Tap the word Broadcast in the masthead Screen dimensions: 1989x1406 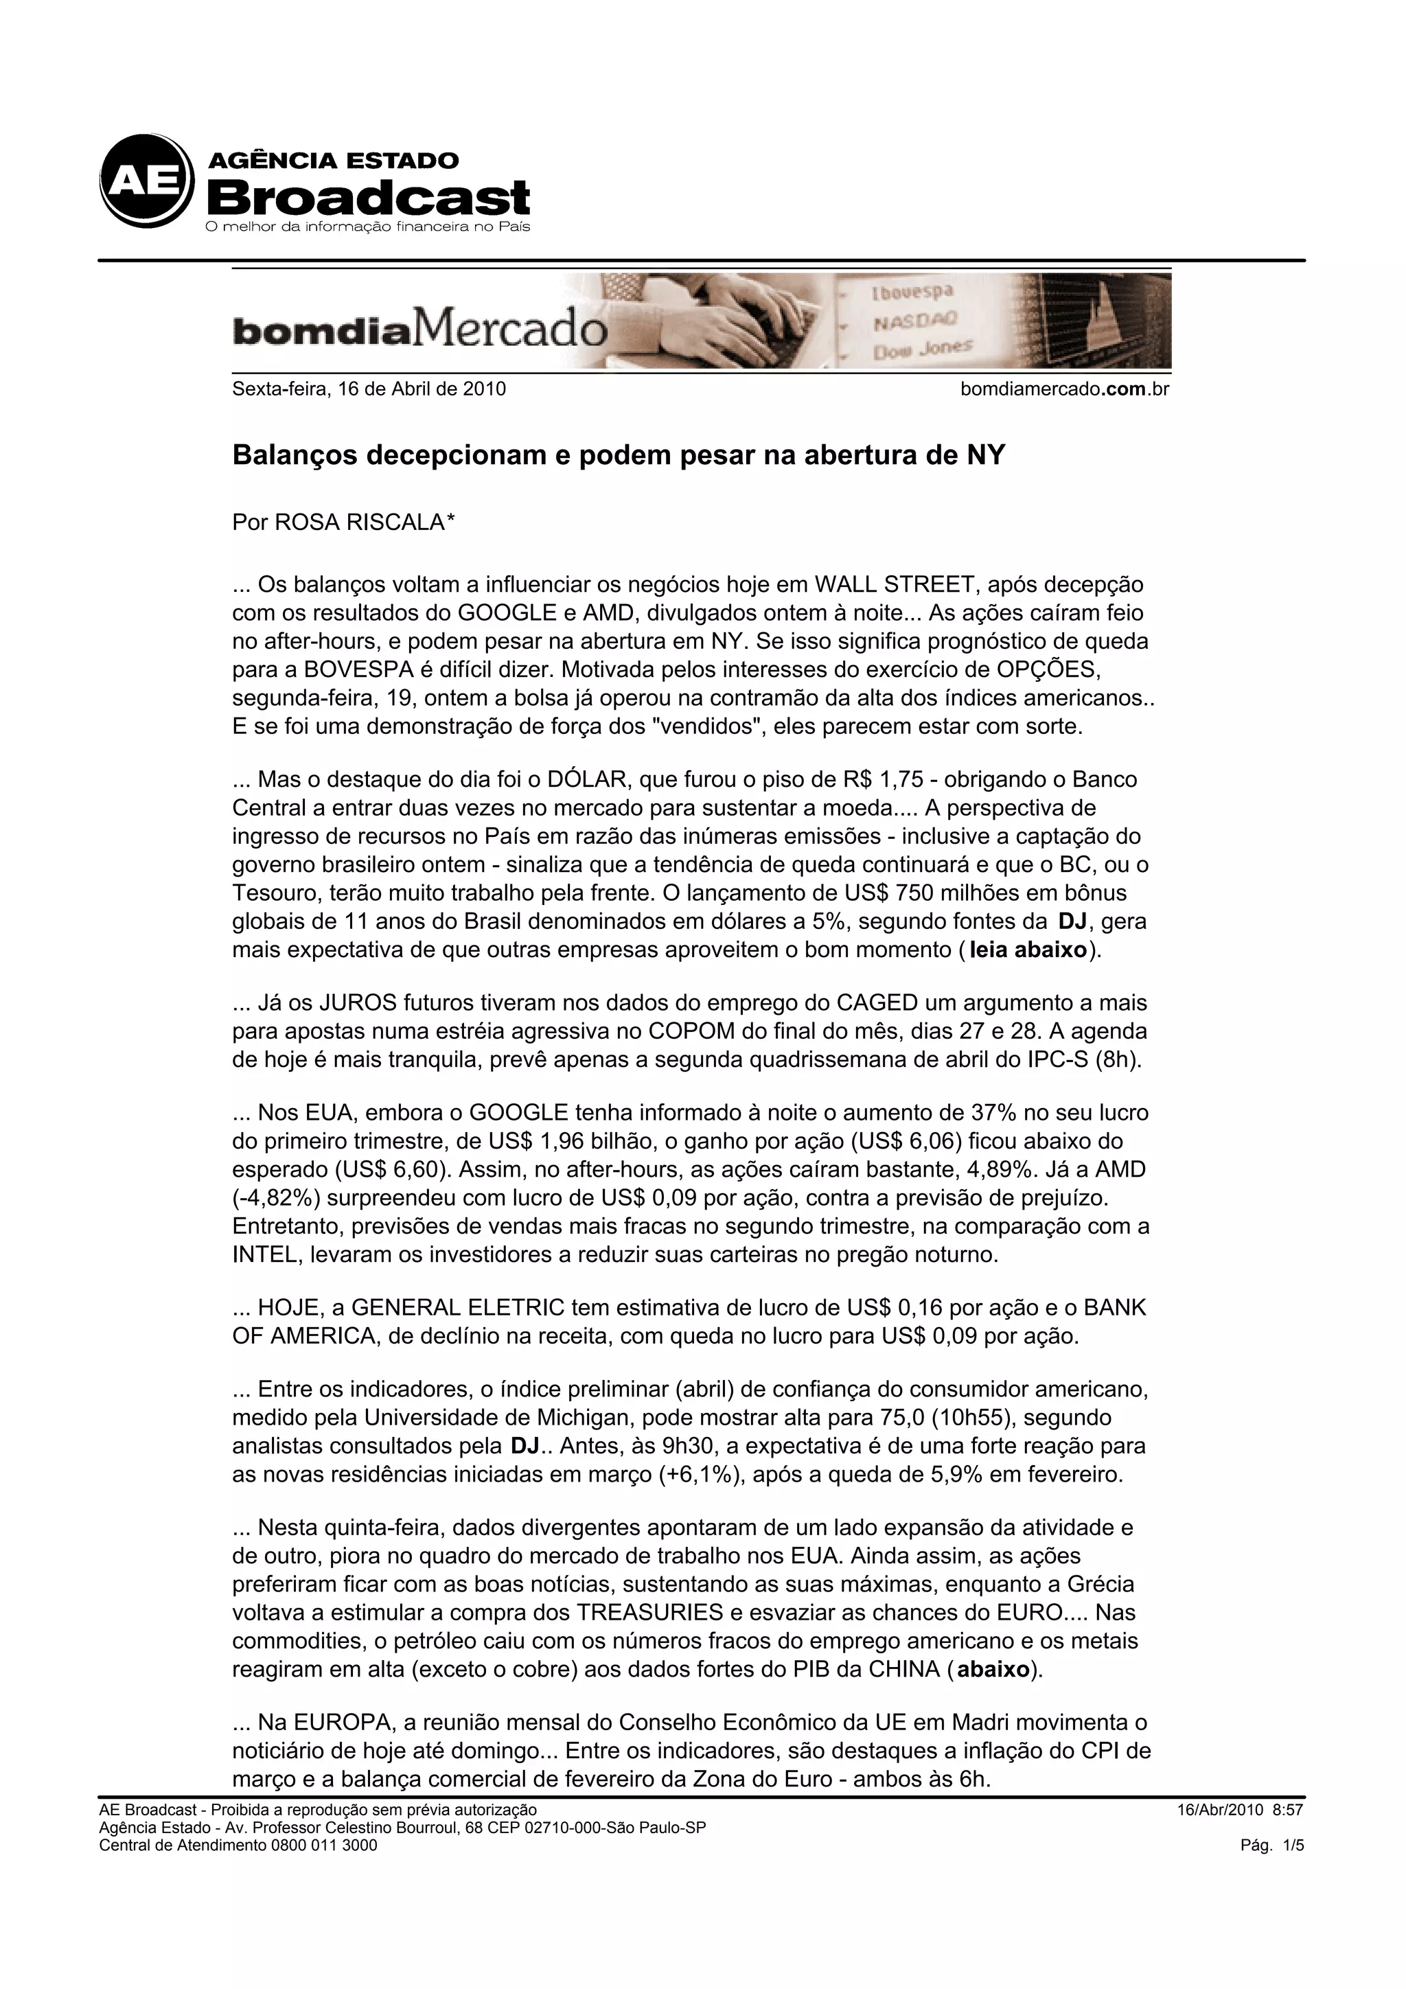point(367,198)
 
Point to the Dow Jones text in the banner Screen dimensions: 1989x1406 point(923,349)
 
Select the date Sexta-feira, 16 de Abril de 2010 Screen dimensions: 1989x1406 point(369,389)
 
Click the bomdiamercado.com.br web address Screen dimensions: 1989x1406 point(1064,389)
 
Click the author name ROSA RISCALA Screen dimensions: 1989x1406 point(360,522)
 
